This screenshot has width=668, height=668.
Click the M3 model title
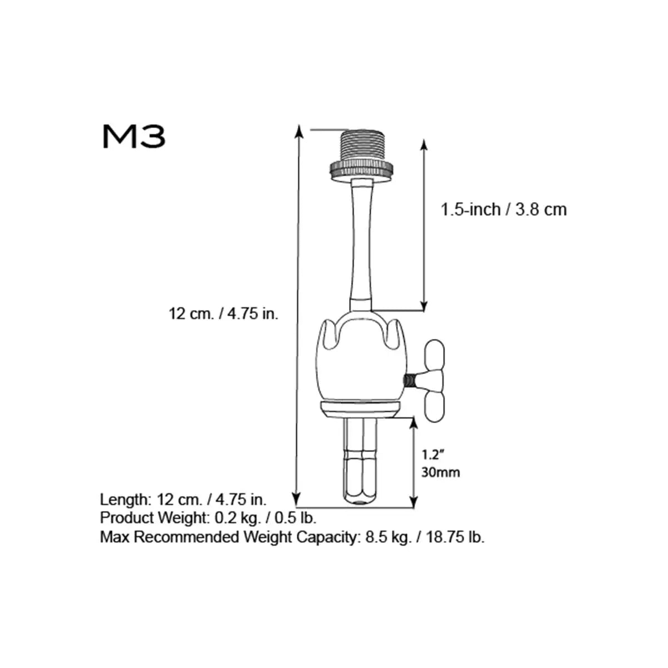pyautogui.click(x=134, y=136)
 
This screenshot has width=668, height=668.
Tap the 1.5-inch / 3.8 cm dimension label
pyautogui.click(x=503, y=210)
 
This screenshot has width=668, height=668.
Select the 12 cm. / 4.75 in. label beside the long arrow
pyautogui.click(x=223, y=314)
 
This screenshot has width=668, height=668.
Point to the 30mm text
pyautogui.click(x=440, y=473)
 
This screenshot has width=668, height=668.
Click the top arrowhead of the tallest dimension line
pyautogui.click(x=299, y=131)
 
